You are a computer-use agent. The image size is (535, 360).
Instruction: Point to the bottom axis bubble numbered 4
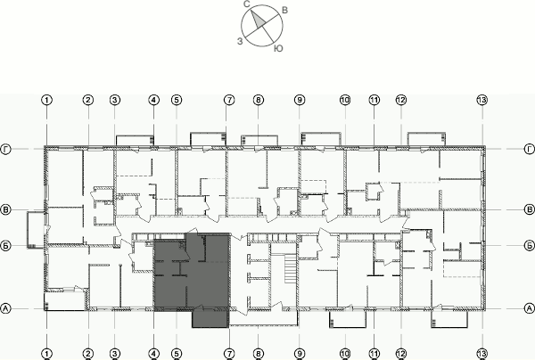coord(153,353)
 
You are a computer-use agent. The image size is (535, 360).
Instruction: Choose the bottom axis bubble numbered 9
coord(300,353)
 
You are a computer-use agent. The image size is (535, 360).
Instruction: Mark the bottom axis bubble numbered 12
coord(400,353)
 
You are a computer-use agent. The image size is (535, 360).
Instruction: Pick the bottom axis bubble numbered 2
coord(88,353)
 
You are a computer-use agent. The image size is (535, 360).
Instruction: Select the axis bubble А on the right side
coord(529,308)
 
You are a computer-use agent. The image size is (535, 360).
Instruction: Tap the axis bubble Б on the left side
coord(6,243)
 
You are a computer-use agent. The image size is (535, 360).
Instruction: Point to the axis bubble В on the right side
coord(529,209)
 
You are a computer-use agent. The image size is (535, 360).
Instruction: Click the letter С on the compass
coord(246,4)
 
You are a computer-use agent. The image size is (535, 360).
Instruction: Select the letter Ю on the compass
coord(280,46)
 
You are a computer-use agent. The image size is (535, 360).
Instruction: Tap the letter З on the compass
coord(239,41)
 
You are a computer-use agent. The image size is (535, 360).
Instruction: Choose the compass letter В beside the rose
coord(284,9)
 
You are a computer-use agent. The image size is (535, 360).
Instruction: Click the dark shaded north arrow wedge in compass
coord(256,17)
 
